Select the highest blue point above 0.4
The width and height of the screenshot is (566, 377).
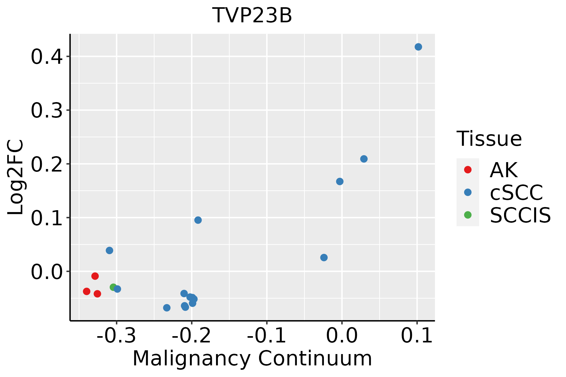(x=418, y=47)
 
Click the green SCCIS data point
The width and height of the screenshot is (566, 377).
(x=113, y=287)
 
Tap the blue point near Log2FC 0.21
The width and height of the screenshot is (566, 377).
(x=364, y=159)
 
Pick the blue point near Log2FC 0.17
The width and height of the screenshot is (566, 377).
(x=340, y=182)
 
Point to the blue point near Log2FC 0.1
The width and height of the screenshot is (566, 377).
(x=198, y=220)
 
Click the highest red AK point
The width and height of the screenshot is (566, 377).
(x=95, y=276)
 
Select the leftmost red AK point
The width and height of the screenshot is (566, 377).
(x=87, y=292)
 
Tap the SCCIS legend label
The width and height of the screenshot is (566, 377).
(x=520, y=215)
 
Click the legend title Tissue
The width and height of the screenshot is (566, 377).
(x=489, y=139)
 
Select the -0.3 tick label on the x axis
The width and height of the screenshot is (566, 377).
(x=116, y=336)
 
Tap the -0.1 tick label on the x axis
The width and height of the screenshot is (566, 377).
(x=266, y=336)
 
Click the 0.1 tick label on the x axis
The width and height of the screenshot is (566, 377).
(x=417, y=336)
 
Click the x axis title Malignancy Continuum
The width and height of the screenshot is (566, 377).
(x=252, y=359)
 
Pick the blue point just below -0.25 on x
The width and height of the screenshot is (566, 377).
(x=167, y=308)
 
